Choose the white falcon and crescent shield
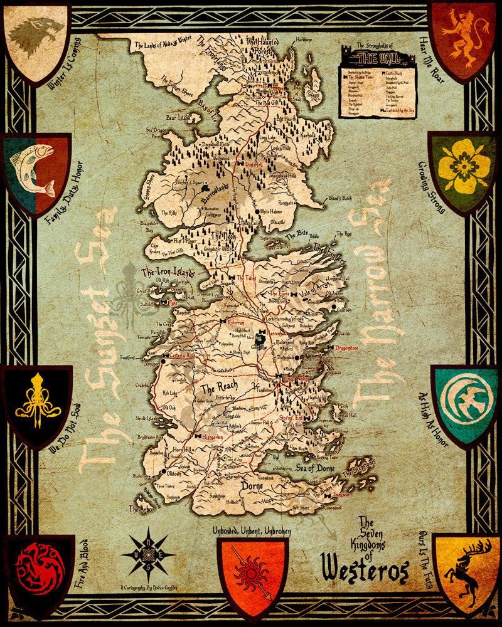click(466, 401)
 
